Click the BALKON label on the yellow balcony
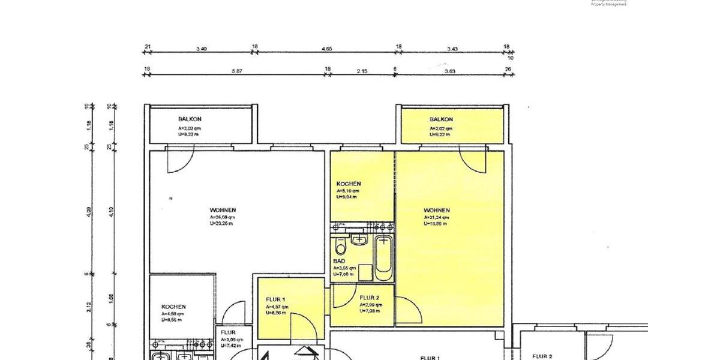pyautogui.click(x=441, y=119)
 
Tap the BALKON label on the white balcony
pyautogui.click(x=190, y=119)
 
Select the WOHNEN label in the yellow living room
pyautogui.click(x=437, y=211)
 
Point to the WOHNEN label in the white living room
pyautogui.click(x=223, y=210)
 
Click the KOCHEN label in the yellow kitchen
pyautogui.click(x=349, y=184)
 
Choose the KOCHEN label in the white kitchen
pyautogui.click(x=173, y=307)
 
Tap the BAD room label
pyautogui.click(x=339, y=262)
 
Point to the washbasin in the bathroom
pyautogui.click(x=359, y=239)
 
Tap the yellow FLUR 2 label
pyautogui.click(x=369, y=298)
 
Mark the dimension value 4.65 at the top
pyautogui.click(x=327, y=49)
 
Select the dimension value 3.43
pyautogui.click(x=453, y=49)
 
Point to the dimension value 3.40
pyautogui.click(x=201, y=49)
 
